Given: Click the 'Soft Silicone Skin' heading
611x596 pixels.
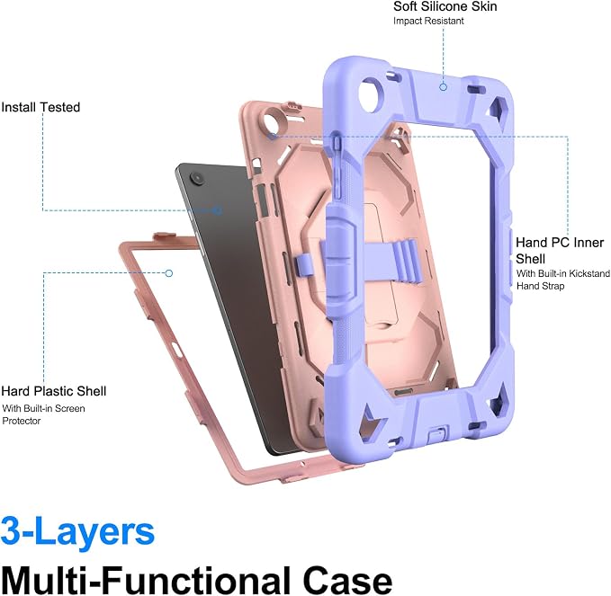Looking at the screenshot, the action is click(445, 6).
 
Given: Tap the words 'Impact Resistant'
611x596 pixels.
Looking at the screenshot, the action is click(428, 21).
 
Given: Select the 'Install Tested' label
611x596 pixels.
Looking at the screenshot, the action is click(40, 107).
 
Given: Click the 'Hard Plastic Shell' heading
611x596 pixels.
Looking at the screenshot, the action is click(53, 391).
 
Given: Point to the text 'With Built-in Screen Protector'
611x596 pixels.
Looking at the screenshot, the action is click(43, 414).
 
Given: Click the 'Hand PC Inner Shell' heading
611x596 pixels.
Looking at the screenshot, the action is click(560, 251).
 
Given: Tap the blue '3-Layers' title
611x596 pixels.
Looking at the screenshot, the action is click(77, 531).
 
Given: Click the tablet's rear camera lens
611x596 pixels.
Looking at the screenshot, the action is click(196, 178).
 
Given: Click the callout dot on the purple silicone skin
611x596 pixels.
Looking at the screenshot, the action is click(443, 87).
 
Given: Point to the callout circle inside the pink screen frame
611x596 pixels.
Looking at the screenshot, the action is click(169, 273).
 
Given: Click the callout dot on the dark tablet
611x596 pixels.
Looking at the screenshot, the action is click(218, 210).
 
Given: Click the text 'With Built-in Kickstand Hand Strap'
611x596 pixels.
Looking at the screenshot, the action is click(563, 280).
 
